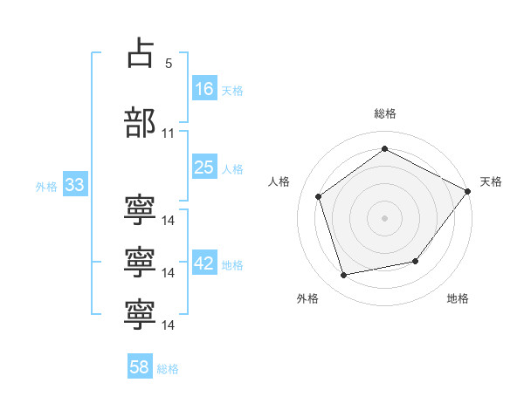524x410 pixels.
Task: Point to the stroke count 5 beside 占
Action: pos(169,64)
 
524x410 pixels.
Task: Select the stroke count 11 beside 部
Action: pos(169,133)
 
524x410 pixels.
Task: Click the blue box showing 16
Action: pos(204,89)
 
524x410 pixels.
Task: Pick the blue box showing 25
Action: pos(204,167)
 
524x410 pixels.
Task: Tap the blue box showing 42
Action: pos(204,264)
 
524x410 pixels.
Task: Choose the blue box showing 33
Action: pos(74,186)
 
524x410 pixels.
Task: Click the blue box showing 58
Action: pos(140,368)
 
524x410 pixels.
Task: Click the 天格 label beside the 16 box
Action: pos(232,90)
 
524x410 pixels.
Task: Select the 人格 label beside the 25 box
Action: pos(232,168)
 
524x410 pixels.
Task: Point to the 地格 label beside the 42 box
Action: pos(232,265)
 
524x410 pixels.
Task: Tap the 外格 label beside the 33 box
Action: pos(46,187)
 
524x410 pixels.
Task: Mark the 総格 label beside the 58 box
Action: pos(168,369)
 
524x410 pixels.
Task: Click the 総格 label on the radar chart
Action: pos(385,113)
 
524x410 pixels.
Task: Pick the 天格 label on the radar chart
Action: pos(491,181)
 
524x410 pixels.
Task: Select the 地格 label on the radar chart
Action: pos(458,298)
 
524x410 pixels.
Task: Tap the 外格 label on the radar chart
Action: pos(307,298)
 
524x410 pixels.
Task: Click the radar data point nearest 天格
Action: pos(467,191)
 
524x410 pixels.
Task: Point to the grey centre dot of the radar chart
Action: pos(384,217)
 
